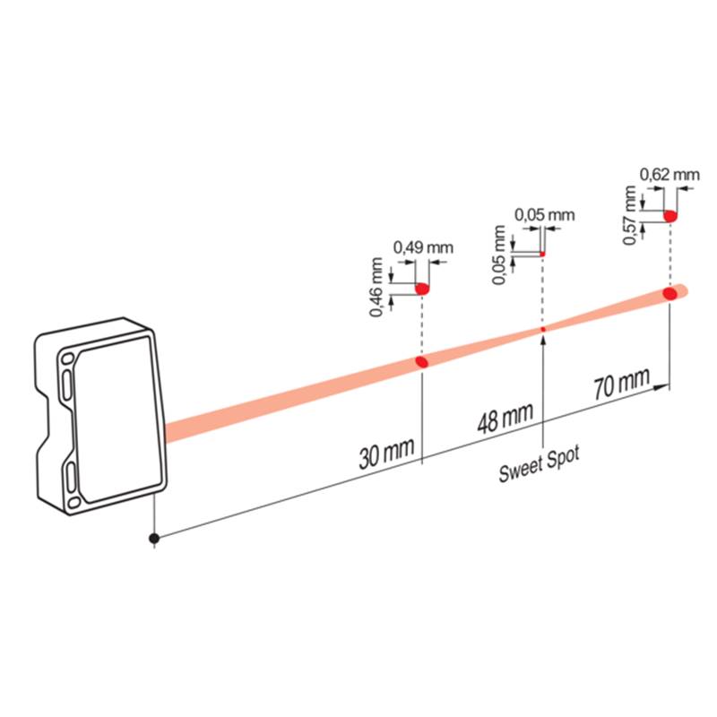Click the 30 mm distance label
coord(386,454)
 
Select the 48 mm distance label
coord(505,418)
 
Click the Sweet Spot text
coord(540,463)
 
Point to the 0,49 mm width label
coord(423,248)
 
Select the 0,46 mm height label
coord(376,287)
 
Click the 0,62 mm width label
coord(669,175)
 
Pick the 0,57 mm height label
coord(630,215)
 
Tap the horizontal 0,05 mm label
coord(545,214)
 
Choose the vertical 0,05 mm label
coord(499,255)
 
